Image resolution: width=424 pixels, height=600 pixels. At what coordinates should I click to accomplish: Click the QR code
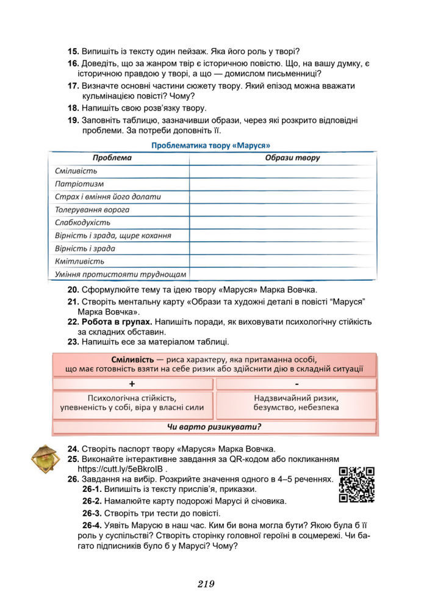click(x=356, y=485)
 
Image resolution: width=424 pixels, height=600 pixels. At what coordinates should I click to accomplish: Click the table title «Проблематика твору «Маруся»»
click(x=210, y=145)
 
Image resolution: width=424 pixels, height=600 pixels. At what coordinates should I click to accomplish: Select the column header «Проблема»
click(x=112, y=158)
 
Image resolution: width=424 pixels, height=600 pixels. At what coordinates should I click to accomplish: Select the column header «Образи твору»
click(x=292, y=158)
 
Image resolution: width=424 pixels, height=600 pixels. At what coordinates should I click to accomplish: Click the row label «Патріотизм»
click(x=79, y=184)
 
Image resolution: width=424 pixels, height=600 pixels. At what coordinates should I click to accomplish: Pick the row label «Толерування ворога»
click(x=92, y=209)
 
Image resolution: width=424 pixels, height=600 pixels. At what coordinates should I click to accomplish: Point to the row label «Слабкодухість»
click(x=82, y=222)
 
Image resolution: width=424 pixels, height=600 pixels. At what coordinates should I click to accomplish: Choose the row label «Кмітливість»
click(x=79, y=261)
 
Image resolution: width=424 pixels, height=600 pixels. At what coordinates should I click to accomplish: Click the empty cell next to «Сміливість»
click(x=282, y=171)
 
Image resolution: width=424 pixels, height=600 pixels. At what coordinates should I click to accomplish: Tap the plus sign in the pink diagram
click(x=132, y=384)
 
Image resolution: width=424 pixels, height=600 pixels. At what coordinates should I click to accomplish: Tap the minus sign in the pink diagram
click(x=296, y=384)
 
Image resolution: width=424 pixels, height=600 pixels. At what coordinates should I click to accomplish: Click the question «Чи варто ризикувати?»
click(x=214, y=427)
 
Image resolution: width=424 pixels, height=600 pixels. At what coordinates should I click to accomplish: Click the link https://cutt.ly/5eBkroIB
click(x=121, y=469)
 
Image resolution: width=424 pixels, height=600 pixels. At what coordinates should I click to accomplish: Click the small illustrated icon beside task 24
click(x=44, y=458)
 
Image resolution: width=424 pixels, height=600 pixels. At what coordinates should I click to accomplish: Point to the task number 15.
click(x=73, y=51)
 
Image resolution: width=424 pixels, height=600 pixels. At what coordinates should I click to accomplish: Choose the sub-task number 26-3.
click(x=92, y=513)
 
